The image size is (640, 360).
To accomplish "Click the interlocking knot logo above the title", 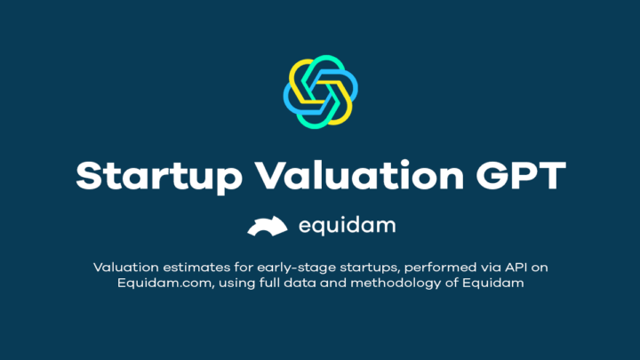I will [x=320, y=92].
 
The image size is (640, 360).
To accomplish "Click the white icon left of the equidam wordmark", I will [x=267, y=227].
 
